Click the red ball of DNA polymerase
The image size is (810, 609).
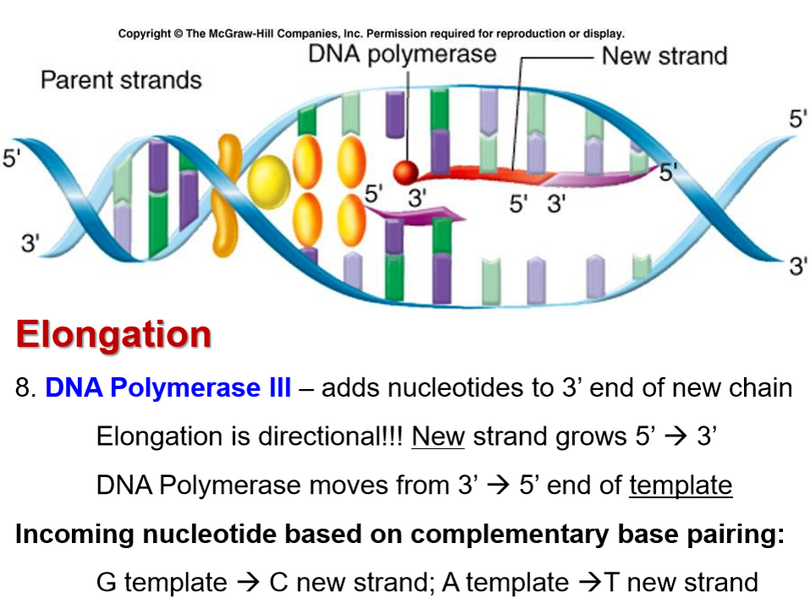(x=408, y=172)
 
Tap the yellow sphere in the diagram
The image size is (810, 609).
(x=268, y=179)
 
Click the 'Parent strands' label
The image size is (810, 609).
(x=121, y=80)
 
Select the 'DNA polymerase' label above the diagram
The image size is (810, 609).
(x=402, y=54)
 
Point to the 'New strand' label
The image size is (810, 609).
(x=664, y=57)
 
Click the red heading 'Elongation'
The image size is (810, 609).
(x=113, y=334)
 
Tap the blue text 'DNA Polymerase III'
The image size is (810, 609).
(x=168, y=388)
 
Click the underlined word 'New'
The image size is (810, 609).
(x=438, y=436)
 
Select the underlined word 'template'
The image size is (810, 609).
(x=680, y=485)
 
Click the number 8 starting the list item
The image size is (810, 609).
(x=24, y=388)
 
